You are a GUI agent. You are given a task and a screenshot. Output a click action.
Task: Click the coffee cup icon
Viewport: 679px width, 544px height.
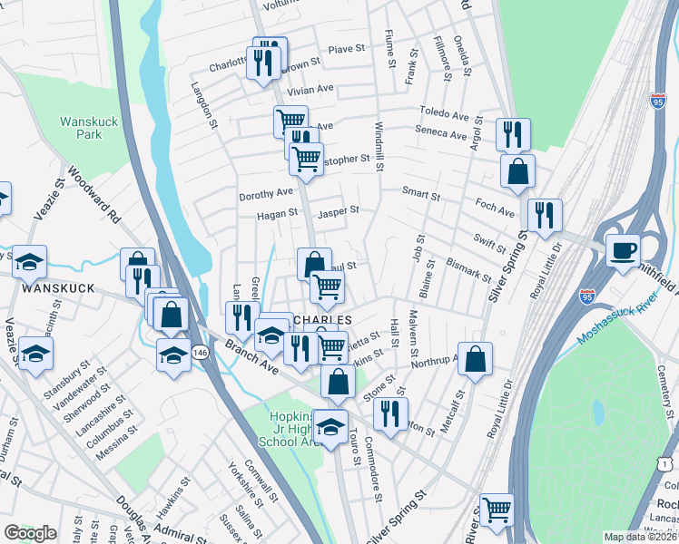tap(623, 249)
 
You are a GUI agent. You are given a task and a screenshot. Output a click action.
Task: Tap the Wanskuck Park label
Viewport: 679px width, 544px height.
tap(82, 128)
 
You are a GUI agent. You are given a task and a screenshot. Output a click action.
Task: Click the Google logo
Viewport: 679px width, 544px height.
tap(31, 533)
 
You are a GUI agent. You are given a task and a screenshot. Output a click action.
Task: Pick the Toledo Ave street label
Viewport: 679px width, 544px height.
tap(443, 114)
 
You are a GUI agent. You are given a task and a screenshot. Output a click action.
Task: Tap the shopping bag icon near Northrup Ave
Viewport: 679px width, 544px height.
tap(476, 359)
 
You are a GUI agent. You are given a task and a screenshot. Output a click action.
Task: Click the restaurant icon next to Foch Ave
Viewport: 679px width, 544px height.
tap(545, 216)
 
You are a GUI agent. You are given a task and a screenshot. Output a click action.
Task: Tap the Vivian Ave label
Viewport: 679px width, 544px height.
tap(310, 91)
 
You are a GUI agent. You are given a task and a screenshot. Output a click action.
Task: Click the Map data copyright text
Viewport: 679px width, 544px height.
tap(641, 537)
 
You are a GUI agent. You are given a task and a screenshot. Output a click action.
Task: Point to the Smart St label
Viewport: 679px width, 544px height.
tap(422, 194)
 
